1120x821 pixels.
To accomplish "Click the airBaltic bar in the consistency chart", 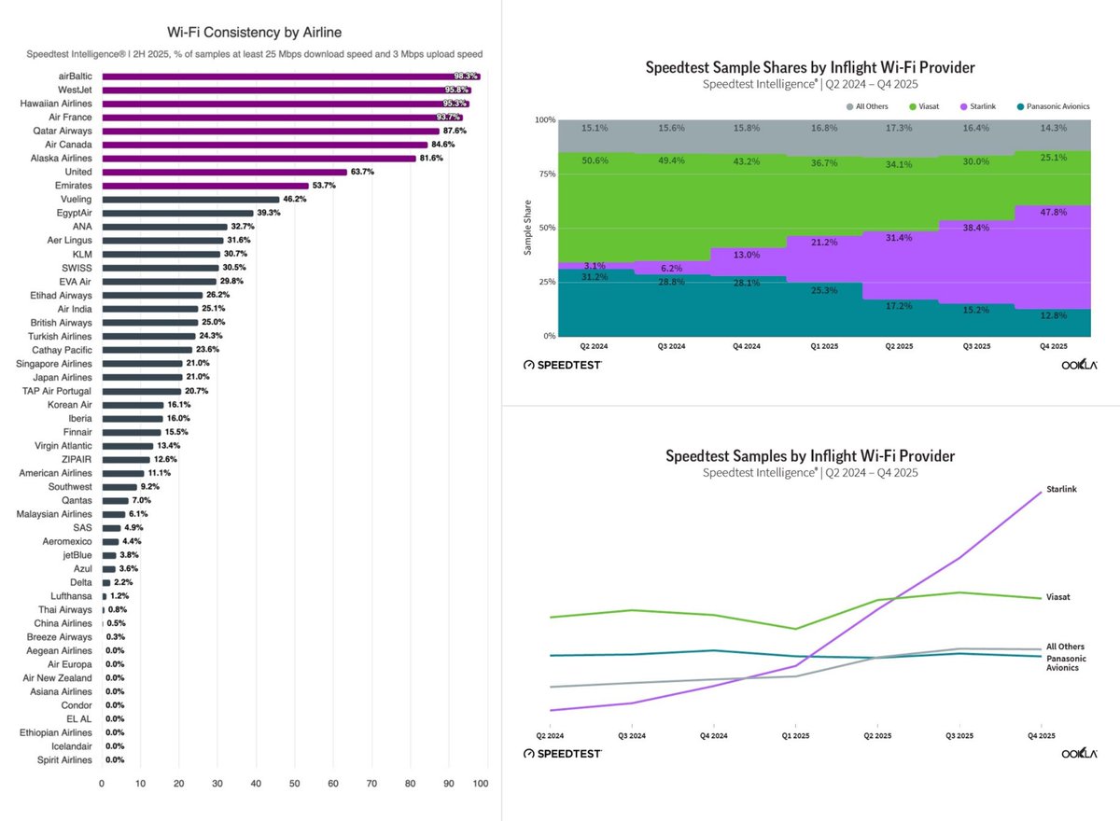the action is tap(291, 77).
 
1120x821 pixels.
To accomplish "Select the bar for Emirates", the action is tap(205, 186).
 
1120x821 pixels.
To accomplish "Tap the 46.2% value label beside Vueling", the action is tap(295, 199).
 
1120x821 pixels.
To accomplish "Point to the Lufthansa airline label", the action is tap(71, 595).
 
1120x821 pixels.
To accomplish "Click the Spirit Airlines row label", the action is tap(64, 759).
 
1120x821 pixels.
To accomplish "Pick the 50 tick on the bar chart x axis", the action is tap(295, 783).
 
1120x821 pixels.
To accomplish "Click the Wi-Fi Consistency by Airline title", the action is tap(255, 32).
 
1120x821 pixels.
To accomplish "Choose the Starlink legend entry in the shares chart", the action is tap(978, 106).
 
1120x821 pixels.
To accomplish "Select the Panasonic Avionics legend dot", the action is tap(1020, 106).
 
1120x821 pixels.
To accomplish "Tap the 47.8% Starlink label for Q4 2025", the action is tap(1054, 212).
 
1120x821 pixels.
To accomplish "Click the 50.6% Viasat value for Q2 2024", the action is tap(595, 160).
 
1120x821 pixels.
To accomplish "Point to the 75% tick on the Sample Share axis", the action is tap(547, 174).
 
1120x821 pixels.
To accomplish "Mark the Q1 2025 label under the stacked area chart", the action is tap(824, 346).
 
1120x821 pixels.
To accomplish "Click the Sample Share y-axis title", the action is tap(527, 228).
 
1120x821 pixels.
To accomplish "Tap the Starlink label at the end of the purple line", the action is tap(1061, 489).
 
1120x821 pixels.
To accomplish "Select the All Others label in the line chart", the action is tap(1066, 647).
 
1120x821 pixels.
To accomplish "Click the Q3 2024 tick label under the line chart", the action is tap(632, 735).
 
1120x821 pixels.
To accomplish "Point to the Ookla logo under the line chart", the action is tap(1080, 753).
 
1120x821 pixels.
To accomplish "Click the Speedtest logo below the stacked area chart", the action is tap(563, 365).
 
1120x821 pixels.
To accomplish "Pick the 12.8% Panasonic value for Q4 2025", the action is tap(1054, 315).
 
